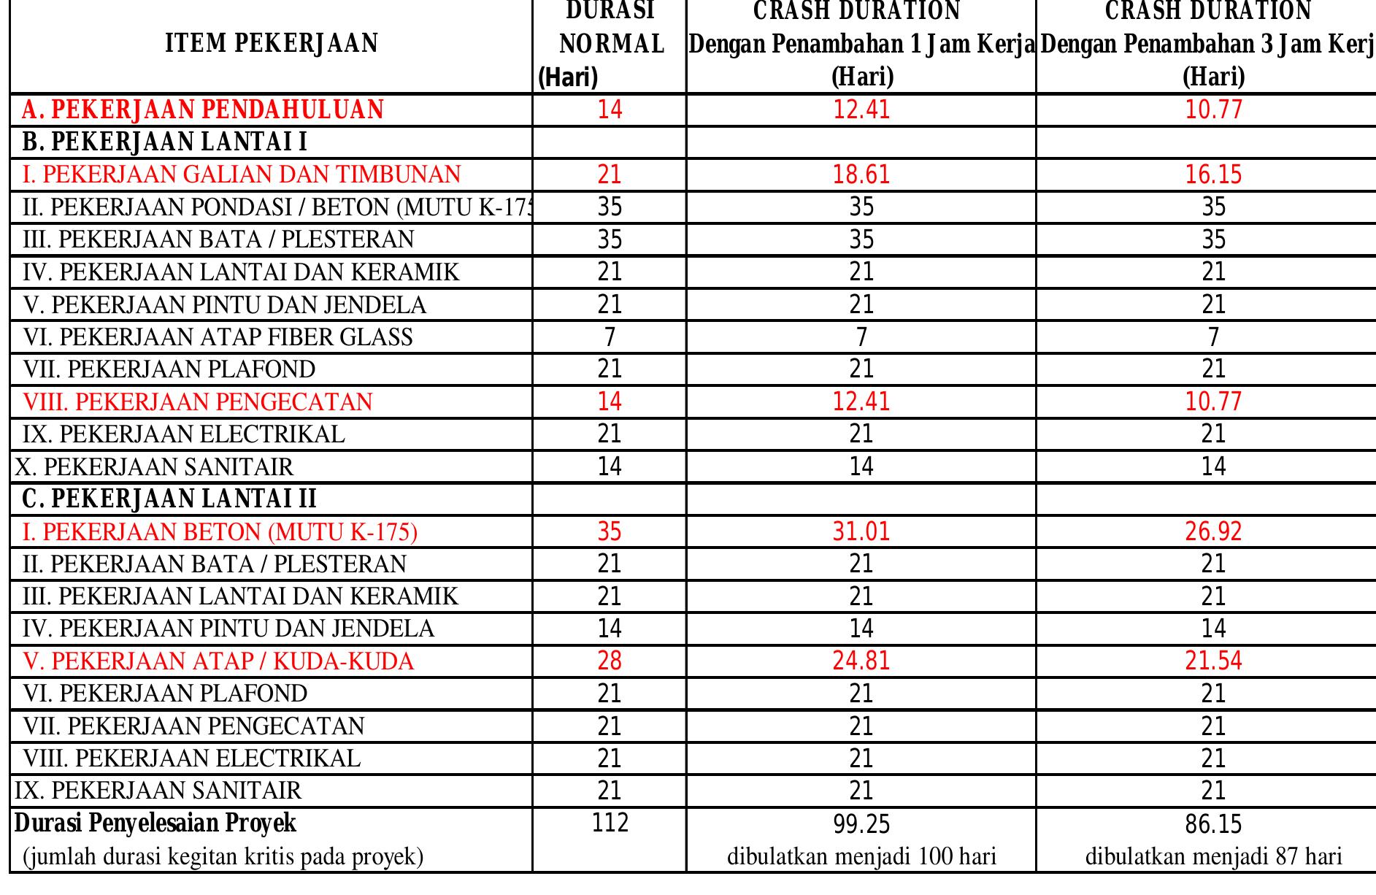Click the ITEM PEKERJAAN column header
click(272, 44)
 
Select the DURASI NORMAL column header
click(610, 44)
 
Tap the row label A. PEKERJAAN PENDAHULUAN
click(203, 110)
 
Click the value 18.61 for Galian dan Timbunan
click(861, 175)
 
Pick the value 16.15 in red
click(1213, 175)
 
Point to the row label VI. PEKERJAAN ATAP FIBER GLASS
click(218, 337)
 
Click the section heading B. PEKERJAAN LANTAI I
click(165, 142)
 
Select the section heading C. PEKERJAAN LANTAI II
click(169, 499)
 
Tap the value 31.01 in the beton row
click(861, 531)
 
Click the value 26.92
click(1213, 531)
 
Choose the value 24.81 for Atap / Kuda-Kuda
click(861, 661)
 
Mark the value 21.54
click(1213, 661)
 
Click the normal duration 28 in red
click(610, 661)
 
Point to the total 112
click(610, 823)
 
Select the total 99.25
click(861, 825)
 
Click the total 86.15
click(1213, 825)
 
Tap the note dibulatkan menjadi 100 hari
click(861, 856)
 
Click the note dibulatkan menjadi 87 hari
click(1213, 856)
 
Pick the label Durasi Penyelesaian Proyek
click(156, 823)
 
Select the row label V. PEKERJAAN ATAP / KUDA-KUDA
click(218, 661)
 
